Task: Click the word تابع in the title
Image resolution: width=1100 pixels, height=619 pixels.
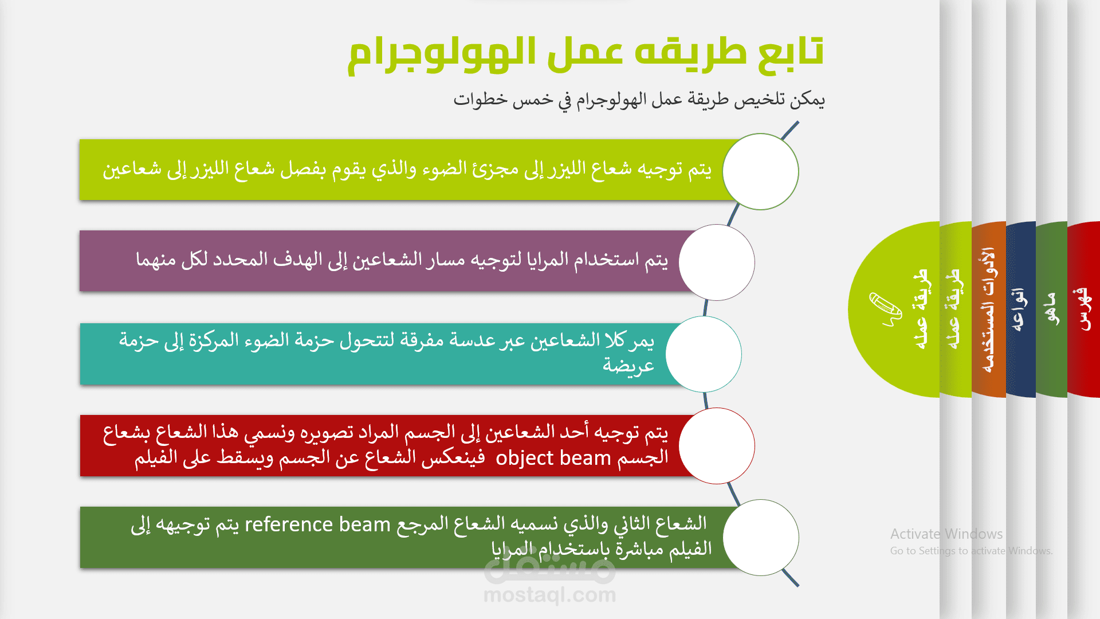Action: click(791, 52)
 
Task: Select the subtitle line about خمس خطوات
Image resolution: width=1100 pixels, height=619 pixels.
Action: click(639, 100)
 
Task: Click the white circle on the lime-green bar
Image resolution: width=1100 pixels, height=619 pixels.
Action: click(761, 171)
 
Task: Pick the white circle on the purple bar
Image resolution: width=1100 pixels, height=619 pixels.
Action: click(717, 263)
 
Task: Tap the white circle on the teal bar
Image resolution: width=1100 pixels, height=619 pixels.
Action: click(704, 354)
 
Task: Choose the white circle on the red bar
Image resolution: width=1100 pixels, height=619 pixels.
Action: click(717, 446)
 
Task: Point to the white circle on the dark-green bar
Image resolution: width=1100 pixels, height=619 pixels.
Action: click(761, 538)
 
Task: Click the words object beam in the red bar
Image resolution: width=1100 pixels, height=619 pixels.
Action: click(553, 459)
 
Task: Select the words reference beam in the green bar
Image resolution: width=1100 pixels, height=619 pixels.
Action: click(317, 524)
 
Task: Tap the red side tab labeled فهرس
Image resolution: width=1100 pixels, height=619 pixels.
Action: click(1083, 309)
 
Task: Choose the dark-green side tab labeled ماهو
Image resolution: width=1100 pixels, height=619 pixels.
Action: click(1051, 309)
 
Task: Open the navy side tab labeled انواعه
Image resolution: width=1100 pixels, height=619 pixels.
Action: click(1020, 309)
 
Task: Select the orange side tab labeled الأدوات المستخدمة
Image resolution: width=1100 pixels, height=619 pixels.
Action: click(989, 309)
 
